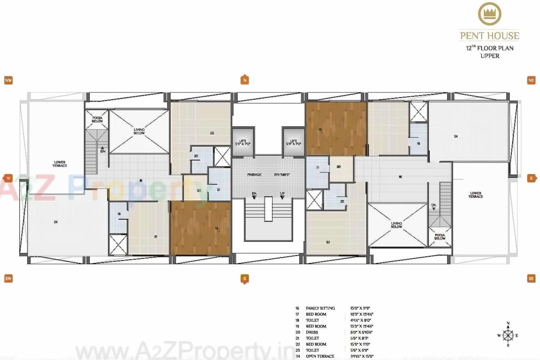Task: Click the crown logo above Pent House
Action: [x=489, y=15]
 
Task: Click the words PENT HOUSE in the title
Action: [x=489, y=36]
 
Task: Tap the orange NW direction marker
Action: [x=8, y=80]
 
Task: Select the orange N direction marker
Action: [x=245, y=80]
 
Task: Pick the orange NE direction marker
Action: [x=531, y=80]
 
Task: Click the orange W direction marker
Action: [x=8, y=178]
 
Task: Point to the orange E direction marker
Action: [x=531, y=178]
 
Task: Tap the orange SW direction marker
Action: [x=8, y=278]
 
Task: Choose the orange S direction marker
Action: [x=245, y=278]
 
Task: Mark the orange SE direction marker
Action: [x=531, y=278]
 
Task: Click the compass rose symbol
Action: [x=508, y=335]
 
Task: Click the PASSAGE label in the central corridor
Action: [x=254, y=175]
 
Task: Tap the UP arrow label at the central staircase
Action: [x=282, y=193]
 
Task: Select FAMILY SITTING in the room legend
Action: [x=320, y=308]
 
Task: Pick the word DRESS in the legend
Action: [x=312, y=332]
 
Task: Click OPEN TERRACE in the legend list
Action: [x=320, y=356]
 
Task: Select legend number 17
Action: [x=297, y=314]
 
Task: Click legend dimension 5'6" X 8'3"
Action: [x=359, y=338]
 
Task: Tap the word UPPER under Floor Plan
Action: [x=489, y=56]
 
